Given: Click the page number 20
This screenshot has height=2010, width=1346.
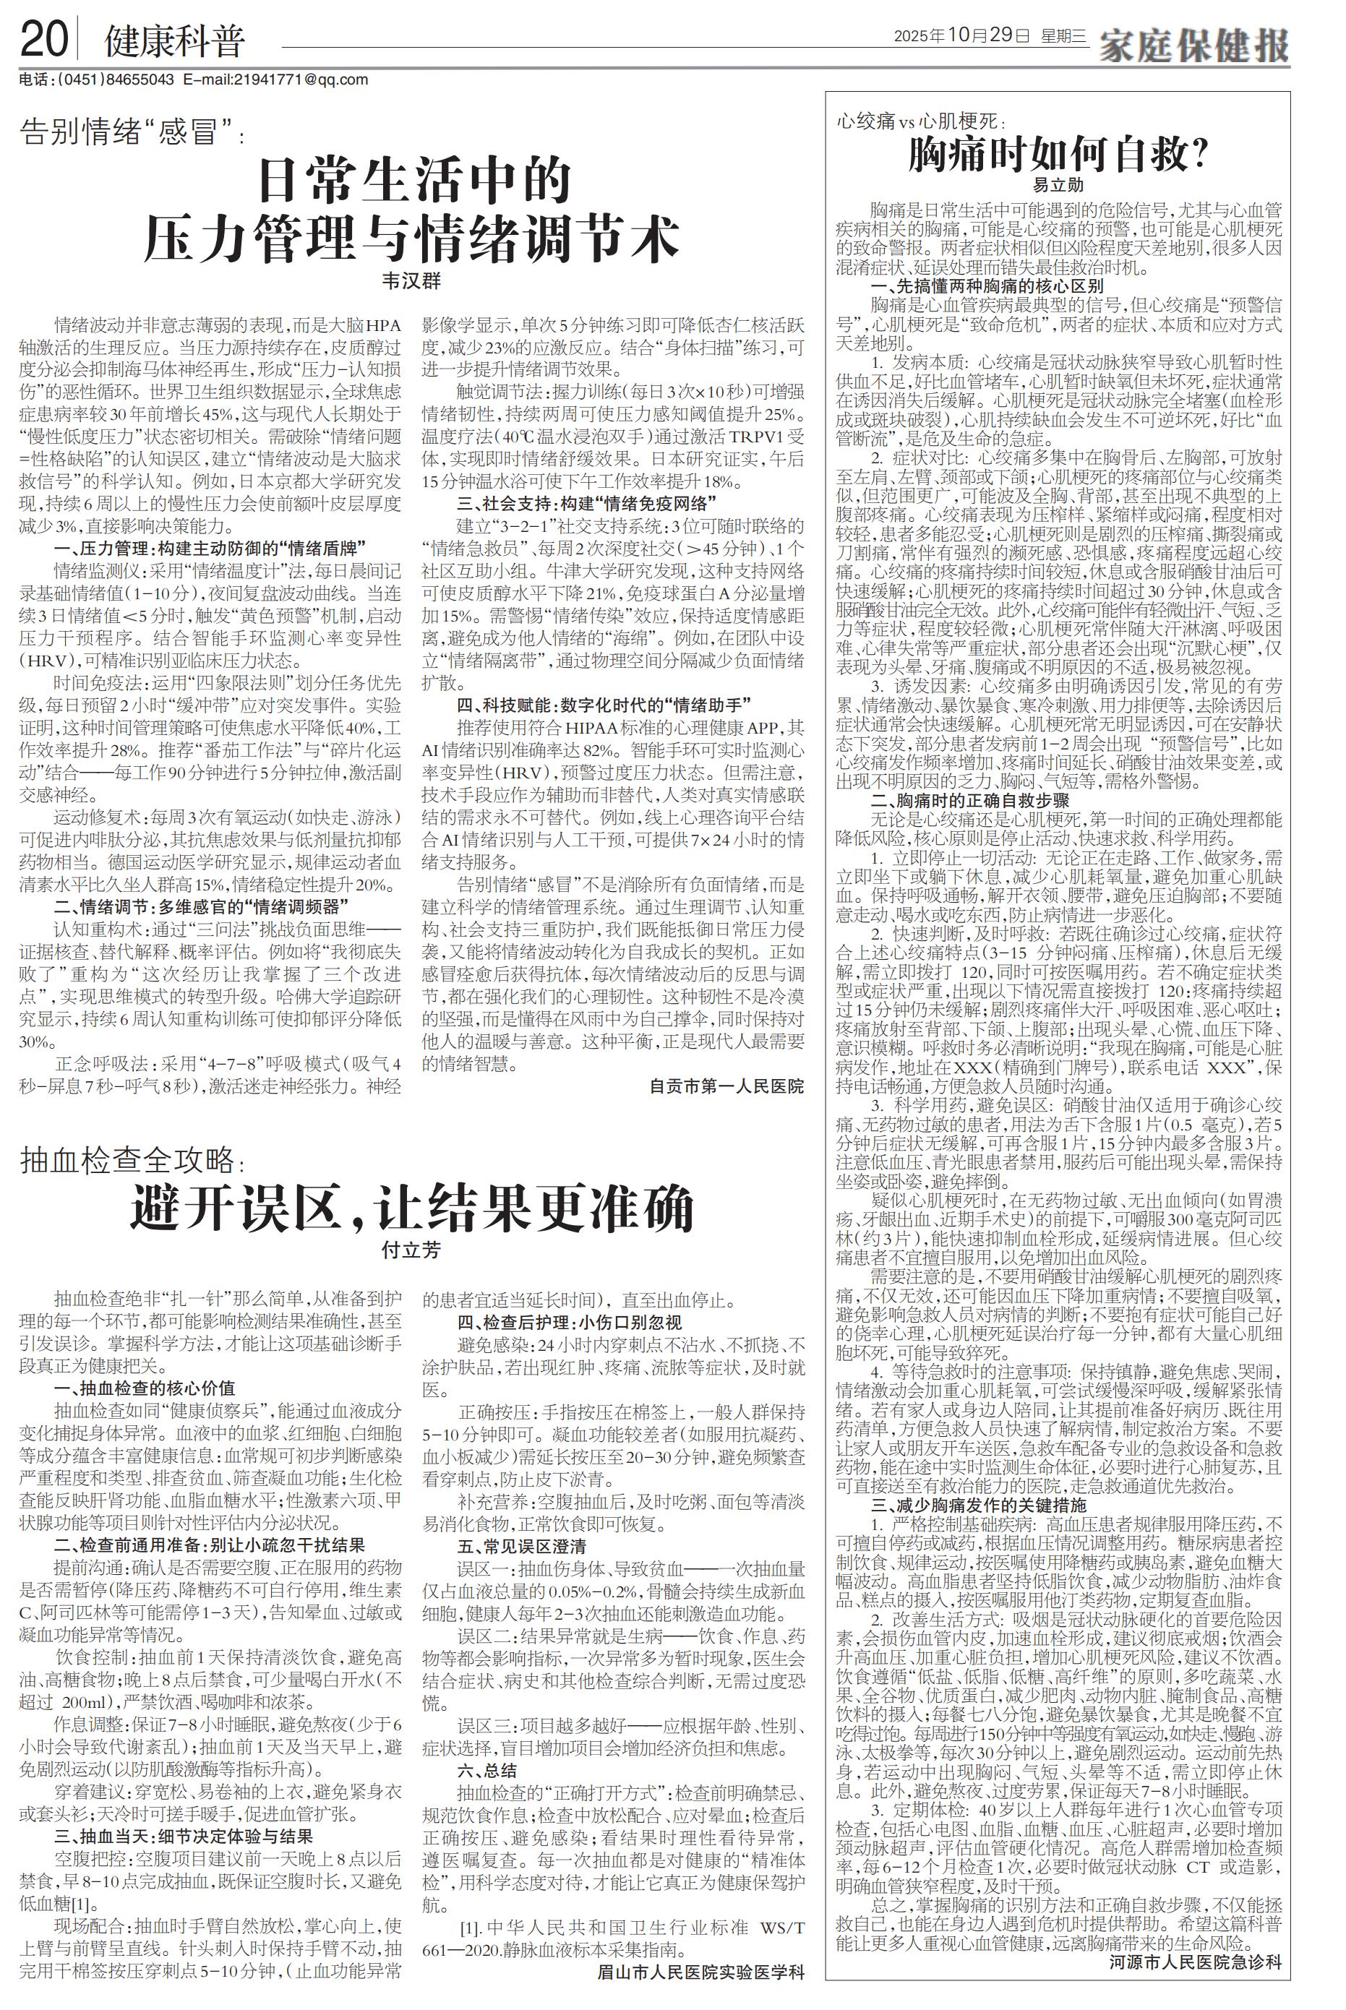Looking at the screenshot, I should click(44, 40).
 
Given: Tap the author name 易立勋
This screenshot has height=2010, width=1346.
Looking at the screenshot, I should click(1058, 184).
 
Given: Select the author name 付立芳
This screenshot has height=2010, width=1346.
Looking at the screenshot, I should click(411, 1250).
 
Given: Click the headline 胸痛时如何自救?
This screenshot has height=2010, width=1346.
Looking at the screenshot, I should click(1058, 155).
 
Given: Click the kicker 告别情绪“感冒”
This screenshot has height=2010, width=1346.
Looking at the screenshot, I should click(129, 134).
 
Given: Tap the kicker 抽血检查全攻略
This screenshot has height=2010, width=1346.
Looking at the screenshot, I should click(129, 1160).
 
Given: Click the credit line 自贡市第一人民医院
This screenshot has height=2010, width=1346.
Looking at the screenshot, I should click(726, 1086).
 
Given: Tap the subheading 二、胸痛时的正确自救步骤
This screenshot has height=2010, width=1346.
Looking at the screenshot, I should click(970, 801).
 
